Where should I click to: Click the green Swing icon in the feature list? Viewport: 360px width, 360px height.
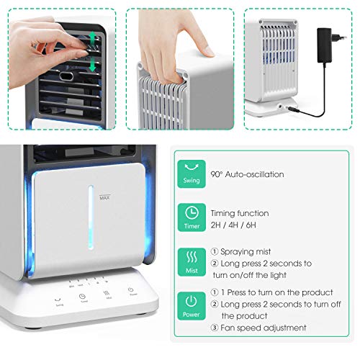pyautogui.click(x=192, y=172)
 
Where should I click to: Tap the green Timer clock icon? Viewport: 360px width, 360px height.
pyautogui.click(x=192, y=215)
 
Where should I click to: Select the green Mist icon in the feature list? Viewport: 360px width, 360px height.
pyautogui.click(x=192, y=260)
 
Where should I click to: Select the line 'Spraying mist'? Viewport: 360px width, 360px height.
pyautogui.click(x=244, y=252)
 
